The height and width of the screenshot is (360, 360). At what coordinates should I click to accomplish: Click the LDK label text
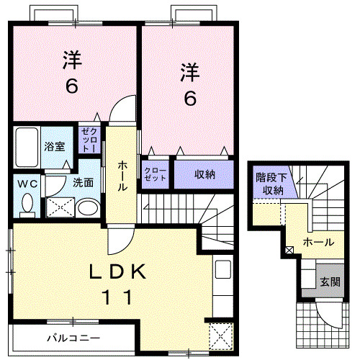pyautogui.click(x=119, y=271)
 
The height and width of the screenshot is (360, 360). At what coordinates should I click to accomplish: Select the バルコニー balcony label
pyautogui.click(x=73, y=337)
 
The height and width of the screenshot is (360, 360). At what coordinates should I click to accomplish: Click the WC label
pyautogui.click(x=27, y=183)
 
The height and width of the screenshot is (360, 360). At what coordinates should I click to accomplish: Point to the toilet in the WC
pyautogui.click(x=27, y=205)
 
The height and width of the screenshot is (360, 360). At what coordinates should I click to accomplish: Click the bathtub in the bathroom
pyautogui.click(x=26, y=148)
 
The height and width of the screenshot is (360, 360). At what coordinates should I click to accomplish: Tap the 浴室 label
pyautogui.click(x=55, y=146)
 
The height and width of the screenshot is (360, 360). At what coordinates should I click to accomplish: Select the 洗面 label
pyautogui.click(x=83, y=183)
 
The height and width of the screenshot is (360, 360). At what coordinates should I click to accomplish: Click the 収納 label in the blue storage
pyautogui.click(x=205, y=174)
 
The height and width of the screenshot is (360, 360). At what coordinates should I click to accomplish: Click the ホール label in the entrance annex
pyautogui.click(x=318, y=243)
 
